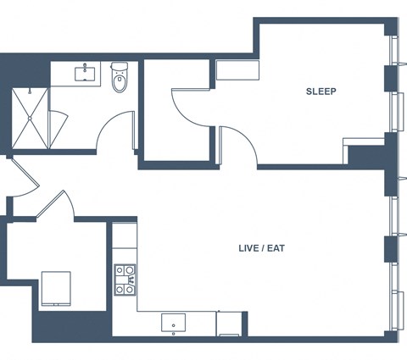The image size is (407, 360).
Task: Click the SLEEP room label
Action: pyautogui.click(x=321, y=91)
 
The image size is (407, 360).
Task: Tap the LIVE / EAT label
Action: pyautogui.click(x=262, y=248)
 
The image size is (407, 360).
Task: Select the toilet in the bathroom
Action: pyautogui.click(x=120, y=77)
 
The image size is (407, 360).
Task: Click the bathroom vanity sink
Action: pyautogui.click(x=85, y=74)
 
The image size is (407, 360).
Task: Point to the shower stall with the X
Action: pyautogui.click(x=30, y=119)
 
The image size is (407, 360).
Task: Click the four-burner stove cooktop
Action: pyautogui.click(x=125, y=280)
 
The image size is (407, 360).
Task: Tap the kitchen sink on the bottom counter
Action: pyautogui.click(x=174, y=323)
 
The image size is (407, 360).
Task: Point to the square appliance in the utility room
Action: pyautogui.click(x=56, y=288)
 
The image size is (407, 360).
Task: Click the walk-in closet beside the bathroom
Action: pyautogui.click(x=176, y=110)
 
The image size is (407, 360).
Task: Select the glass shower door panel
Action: pyautogui.click(x=58, y=129)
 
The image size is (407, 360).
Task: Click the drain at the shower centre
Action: pyautogui.click(x=30, y=119)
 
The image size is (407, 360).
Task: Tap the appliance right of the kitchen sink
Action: pyautogui.click(x=229, y=324)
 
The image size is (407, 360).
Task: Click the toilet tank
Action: pyautogui.click(x=120, y=66)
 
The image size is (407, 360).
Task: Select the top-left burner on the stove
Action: pyautogui.click(x=120, y=270)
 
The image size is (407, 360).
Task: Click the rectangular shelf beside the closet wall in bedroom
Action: pyautogui.click(x=237, y=70)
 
